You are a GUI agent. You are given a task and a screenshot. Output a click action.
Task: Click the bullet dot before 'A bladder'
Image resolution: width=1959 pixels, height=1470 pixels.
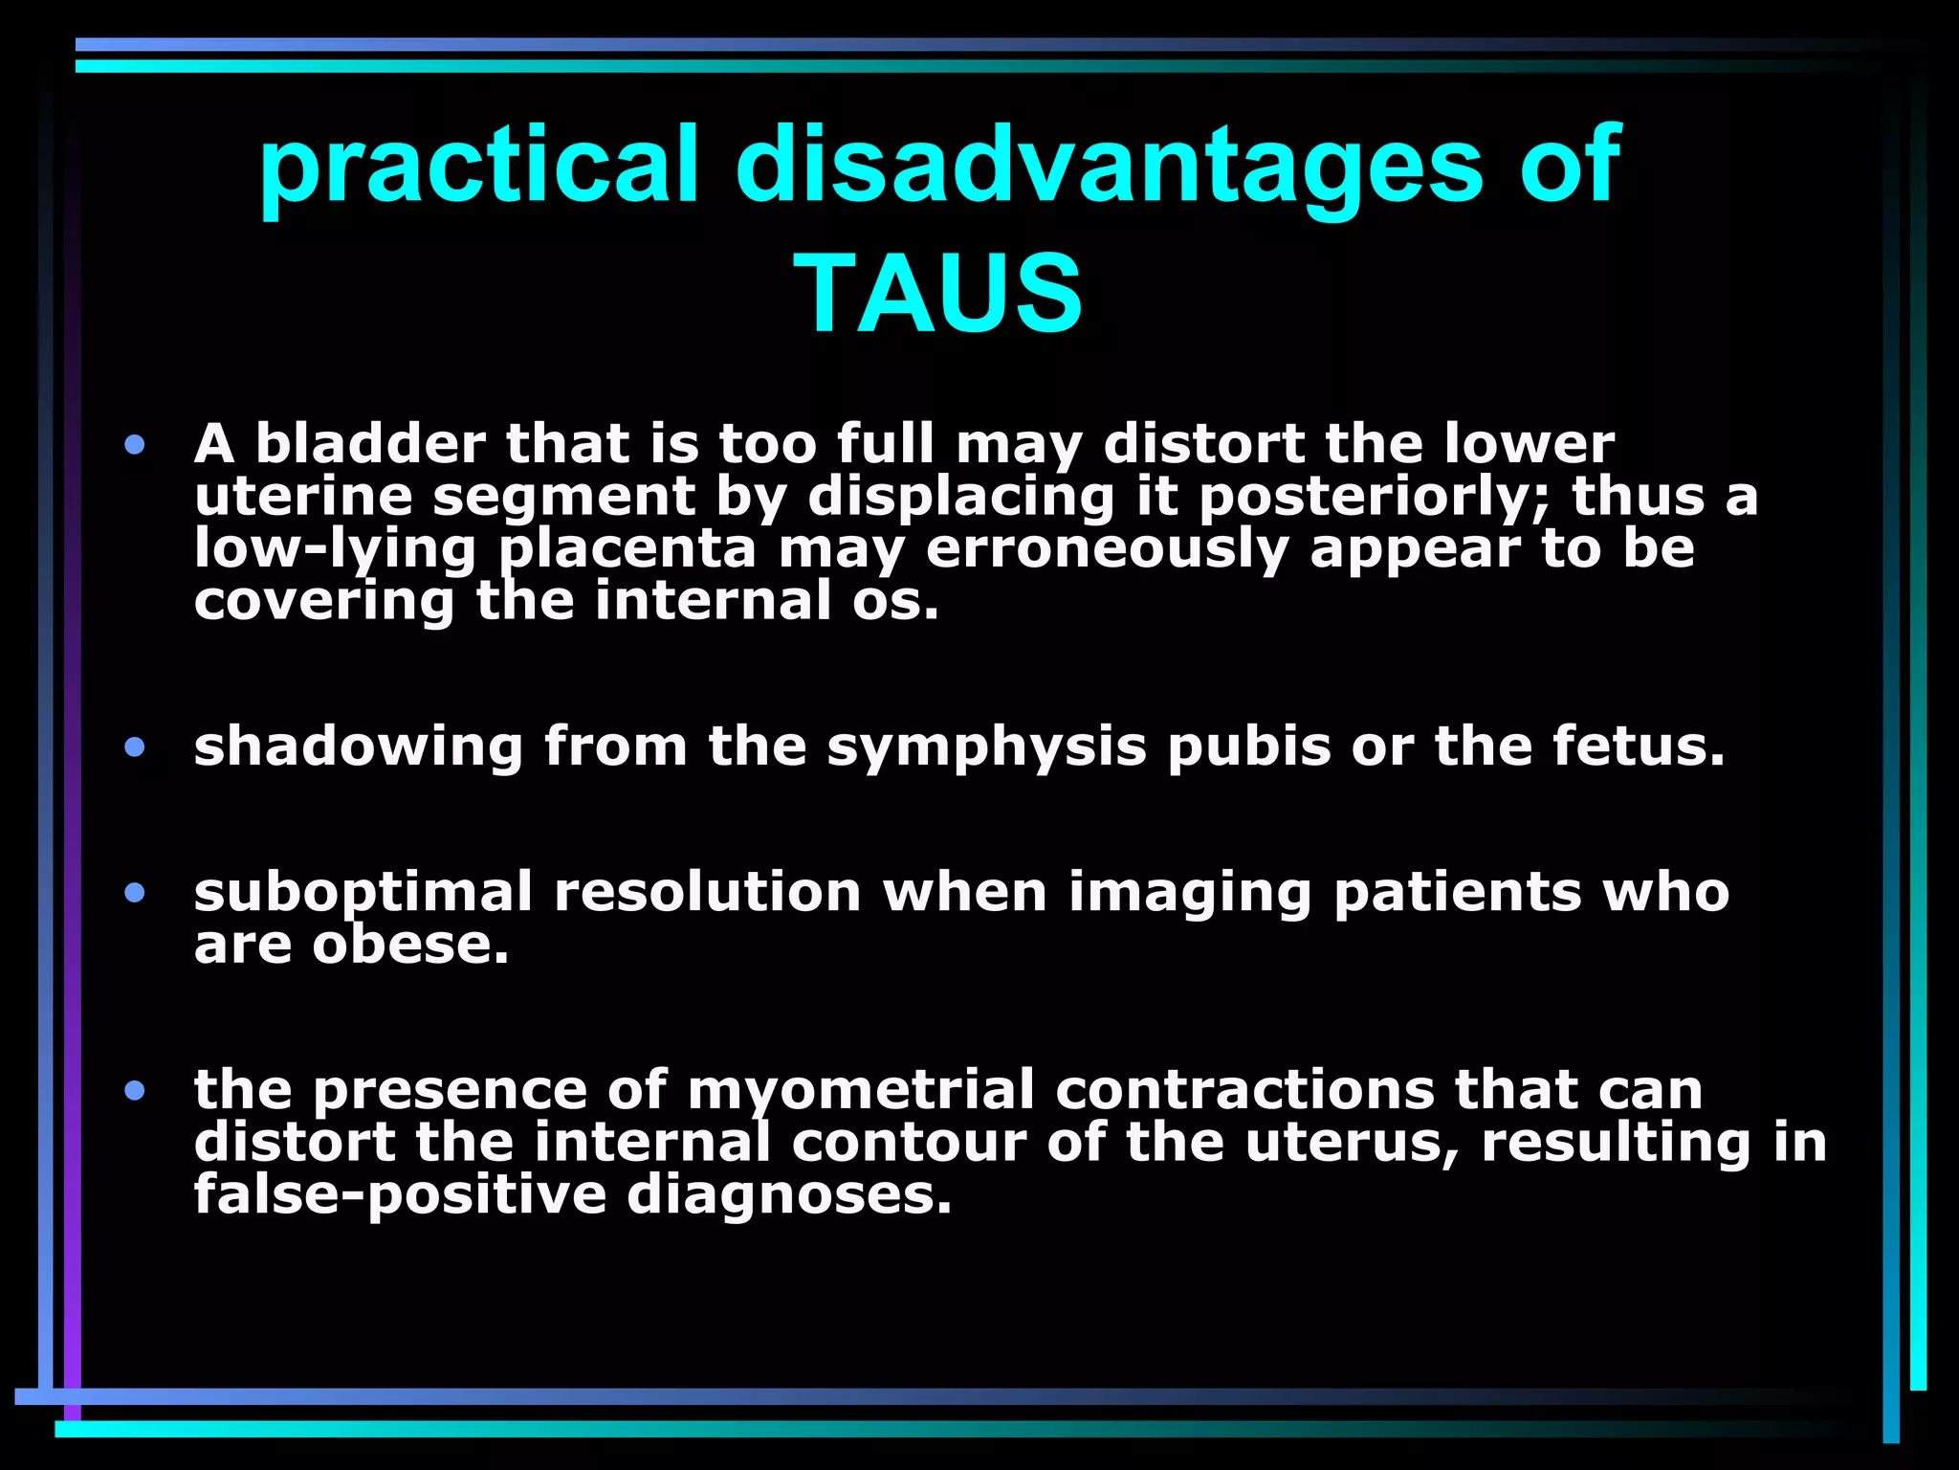(135, 444)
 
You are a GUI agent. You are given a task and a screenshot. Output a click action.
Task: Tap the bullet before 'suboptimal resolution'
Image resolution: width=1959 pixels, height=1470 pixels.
(135, 893)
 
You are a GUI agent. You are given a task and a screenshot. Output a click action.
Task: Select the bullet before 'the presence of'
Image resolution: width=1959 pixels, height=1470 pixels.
(135, 1090)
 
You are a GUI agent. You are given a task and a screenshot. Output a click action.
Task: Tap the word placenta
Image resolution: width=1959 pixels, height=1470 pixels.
(627, 549)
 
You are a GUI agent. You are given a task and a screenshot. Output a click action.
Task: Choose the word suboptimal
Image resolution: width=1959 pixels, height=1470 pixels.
(363, 893)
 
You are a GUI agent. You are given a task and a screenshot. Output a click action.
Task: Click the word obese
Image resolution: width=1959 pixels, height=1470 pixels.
(410, 946)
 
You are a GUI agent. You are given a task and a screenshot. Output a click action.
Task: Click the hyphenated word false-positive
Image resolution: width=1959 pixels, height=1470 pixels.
(400, 1195)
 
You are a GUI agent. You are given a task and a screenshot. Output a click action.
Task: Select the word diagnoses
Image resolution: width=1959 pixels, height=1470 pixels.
(789, 1195)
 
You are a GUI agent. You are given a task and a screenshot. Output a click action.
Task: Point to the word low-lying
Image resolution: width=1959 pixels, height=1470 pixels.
(335, 549)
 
